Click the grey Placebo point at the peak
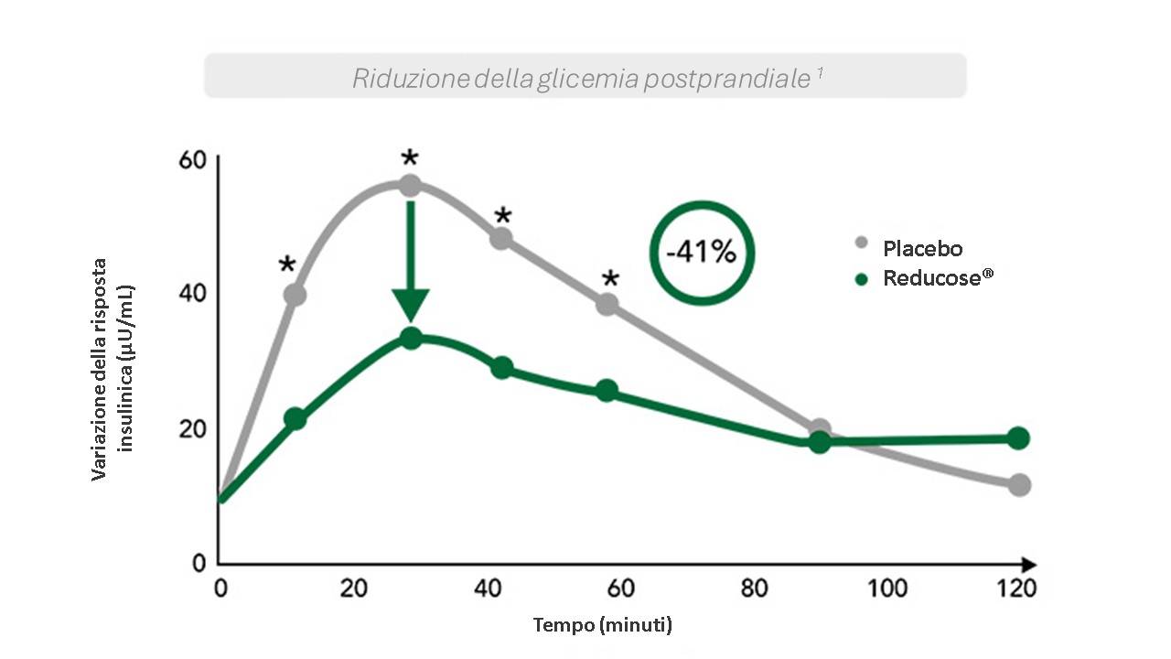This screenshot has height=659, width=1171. point(410,186)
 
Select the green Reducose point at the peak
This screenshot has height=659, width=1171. point(411,338)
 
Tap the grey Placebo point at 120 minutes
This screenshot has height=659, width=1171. point(1019,484)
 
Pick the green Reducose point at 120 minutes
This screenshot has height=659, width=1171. point(1018,438)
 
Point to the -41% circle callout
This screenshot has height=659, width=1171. point(701,252)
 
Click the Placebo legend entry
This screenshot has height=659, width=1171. point(921,247)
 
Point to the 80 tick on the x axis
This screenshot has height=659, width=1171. point(754,588)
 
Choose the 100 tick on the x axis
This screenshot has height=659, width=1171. point(887,588)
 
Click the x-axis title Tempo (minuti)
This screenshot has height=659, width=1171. point(603,626)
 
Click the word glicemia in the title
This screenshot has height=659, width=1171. point(587,79)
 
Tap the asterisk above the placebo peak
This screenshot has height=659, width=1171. point(410,158)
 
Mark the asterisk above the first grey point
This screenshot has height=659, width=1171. point(287,265)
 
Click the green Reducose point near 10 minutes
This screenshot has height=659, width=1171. point(295,418)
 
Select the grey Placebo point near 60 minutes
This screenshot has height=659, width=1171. point(607,304)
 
